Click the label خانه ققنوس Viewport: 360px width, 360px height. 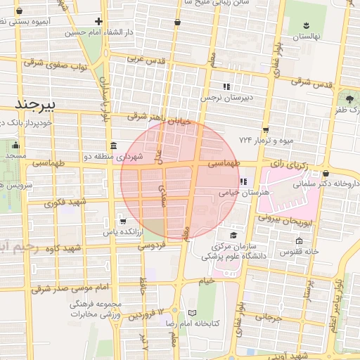[300, 251]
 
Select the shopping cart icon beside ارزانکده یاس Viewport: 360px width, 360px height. [103, 221]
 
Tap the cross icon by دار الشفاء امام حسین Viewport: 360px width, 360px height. [98, 21]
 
